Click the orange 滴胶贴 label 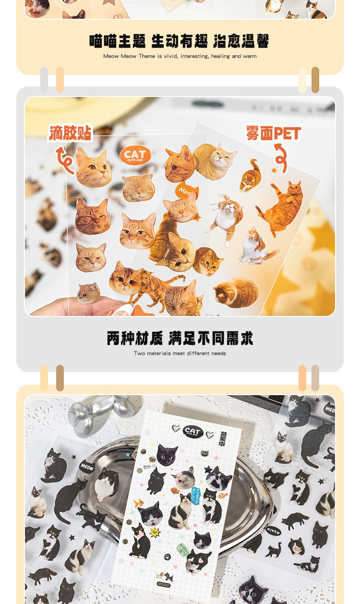(x=70, y=133)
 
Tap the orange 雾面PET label (x=273, y=133)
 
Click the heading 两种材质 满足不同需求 (x=180, y=338)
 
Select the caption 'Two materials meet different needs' (x=180, y=353)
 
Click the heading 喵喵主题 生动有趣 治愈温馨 (x=180, y=41)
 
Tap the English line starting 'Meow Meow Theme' (x=180, y=56)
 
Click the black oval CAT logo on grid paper (x=193, y=431)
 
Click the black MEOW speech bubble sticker (x=87, y=466)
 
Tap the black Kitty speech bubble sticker (x=273, y=531)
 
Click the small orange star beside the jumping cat (x=274, y=170)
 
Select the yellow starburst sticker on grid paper (x=155, y=532)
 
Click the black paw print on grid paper (x=167, y=557)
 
